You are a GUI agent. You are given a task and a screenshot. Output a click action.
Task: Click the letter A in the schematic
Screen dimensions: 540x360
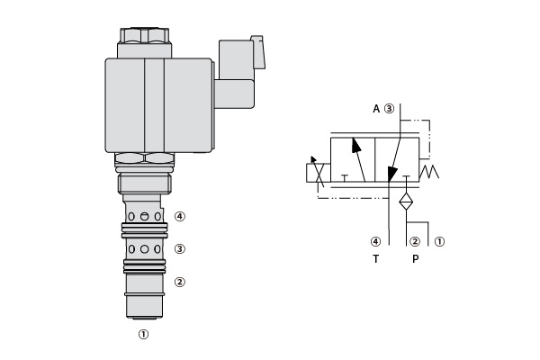376,109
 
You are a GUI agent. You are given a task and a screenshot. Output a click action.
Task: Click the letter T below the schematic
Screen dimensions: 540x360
375,258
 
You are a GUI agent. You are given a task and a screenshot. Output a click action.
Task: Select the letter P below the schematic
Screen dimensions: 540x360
416,258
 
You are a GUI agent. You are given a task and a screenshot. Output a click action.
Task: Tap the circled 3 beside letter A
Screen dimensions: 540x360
389,109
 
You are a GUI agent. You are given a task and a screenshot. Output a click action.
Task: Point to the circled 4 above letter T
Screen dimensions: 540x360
375,241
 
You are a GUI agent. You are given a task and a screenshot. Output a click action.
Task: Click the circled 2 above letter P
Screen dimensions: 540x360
415,241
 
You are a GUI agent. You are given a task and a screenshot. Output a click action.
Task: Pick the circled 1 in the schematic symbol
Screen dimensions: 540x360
439,241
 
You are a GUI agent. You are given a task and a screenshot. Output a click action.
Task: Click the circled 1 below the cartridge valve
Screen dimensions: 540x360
144,334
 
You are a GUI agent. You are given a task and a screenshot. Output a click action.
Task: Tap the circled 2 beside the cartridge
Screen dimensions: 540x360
180,282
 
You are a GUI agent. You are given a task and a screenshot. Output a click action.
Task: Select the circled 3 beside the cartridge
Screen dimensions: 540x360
180,248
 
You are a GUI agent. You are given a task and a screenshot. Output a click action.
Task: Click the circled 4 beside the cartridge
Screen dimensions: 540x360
180,216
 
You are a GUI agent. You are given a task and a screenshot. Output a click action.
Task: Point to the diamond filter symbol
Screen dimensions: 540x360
406,202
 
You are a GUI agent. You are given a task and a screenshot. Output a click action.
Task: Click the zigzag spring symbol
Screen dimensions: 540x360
429,171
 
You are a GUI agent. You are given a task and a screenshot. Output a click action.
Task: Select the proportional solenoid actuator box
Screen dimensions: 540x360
319,173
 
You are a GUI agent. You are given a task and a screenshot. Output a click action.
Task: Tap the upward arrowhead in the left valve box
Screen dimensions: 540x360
356,145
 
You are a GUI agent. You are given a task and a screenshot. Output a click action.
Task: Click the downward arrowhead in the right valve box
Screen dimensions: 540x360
391,175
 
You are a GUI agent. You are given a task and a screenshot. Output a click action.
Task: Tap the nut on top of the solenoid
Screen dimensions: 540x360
145,35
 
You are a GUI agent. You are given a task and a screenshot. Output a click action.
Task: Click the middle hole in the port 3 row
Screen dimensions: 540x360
145,249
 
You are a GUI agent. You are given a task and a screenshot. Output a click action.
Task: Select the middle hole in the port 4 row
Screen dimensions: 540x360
145,216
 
